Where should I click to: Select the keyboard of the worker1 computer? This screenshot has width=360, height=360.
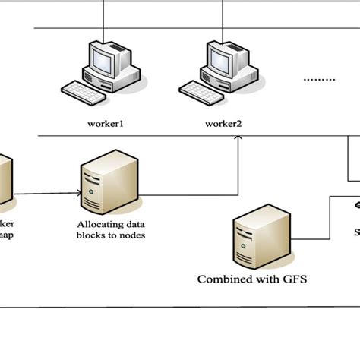pyautogui.click(x=84, y=93)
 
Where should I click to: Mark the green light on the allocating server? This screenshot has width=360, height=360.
pyautogui.click(x=91, y=193)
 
